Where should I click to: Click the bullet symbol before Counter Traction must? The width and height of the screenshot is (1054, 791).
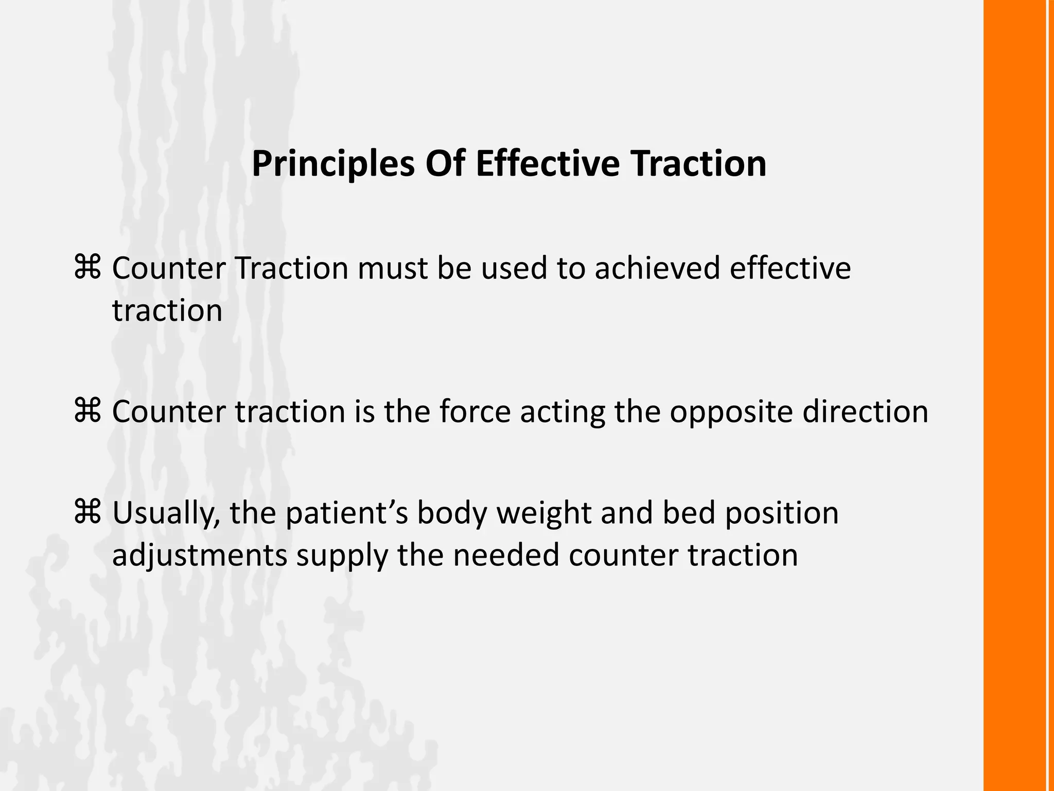tap(87, 268)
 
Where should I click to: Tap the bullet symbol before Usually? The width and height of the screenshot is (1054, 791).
tap(87, 512)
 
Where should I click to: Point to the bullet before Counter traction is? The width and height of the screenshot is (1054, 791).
tap(87, 411)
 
